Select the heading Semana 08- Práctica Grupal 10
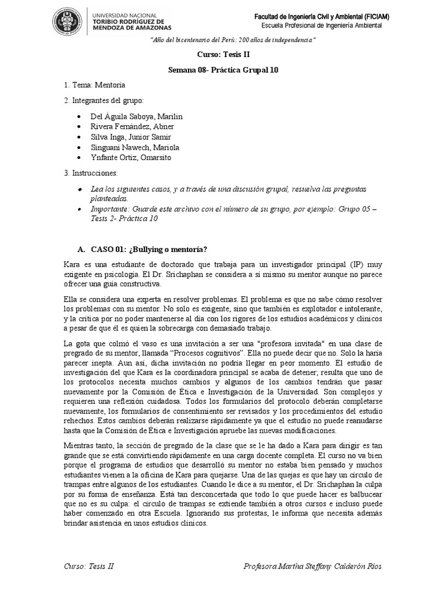223,70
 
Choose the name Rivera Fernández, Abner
133,126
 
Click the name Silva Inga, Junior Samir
131,137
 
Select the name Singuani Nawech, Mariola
135,147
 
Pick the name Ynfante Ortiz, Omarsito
132,158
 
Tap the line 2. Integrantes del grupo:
103,101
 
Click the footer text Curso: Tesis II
88,567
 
